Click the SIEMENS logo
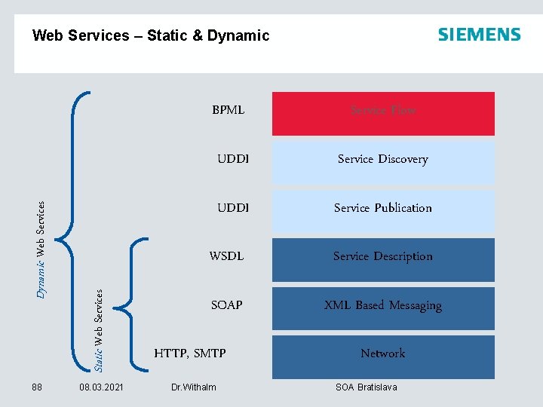coord(479,35)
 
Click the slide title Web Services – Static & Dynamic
coord(151,35)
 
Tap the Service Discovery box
coord(383,160)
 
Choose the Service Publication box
coord(383,209)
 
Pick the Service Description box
coord(383,258)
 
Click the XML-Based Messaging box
coord(383,306)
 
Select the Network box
coord(383,354)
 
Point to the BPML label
coord(228,110)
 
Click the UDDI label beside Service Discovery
coord(232,159)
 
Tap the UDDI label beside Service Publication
coord(232,208)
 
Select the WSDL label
coord(226,256)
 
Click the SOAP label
coord(226,305)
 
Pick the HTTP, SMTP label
coord(190,353)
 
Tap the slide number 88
coord(37,387)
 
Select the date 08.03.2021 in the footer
coord(101,387)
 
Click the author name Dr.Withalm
coord(193,387)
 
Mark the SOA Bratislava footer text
coord(366,387)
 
